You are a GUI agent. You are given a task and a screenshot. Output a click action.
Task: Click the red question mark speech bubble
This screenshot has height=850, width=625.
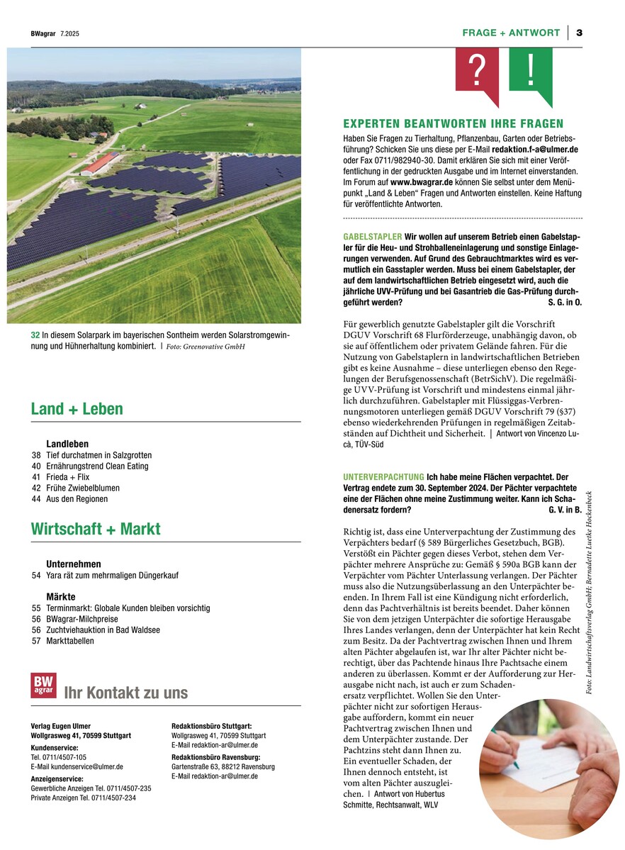tap(477, 71)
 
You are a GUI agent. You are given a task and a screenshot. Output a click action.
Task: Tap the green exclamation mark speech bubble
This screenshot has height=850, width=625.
tap(531, 71)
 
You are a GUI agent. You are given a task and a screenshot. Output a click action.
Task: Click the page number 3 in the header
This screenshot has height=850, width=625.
tap(579, 33)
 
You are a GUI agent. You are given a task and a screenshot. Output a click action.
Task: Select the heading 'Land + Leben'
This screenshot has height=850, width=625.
tap(77, 409)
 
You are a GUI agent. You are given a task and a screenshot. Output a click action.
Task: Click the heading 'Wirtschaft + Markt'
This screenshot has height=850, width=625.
tap(95, 529)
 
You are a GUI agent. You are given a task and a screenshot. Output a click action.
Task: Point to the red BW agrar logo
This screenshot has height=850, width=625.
tap(43, 685)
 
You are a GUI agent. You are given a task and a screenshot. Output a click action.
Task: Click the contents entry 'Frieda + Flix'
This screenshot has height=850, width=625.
tap(69, 477)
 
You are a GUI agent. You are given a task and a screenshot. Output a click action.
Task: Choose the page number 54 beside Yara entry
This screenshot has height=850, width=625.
tap(36, 576)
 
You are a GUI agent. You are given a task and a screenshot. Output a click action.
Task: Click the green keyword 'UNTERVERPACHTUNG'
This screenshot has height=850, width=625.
tap(383, 477)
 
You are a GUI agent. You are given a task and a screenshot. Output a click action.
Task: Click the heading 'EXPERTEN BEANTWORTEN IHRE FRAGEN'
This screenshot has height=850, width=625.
tap(454, 123)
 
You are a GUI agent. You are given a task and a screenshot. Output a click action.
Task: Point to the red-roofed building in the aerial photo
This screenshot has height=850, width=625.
tap(100, 164)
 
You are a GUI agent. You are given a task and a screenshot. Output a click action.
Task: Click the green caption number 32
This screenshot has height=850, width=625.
tap(35, 335)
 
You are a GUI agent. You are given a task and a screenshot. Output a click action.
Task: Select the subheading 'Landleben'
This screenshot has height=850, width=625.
tap(67, 444)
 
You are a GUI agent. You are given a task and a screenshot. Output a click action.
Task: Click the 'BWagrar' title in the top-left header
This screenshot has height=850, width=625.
tap(43, 33)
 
